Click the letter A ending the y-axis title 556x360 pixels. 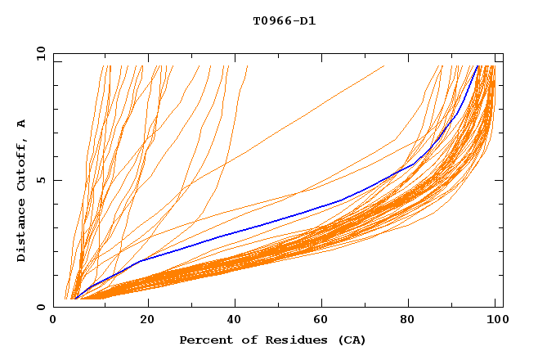22,124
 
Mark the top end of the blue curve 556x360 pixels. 478,66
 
